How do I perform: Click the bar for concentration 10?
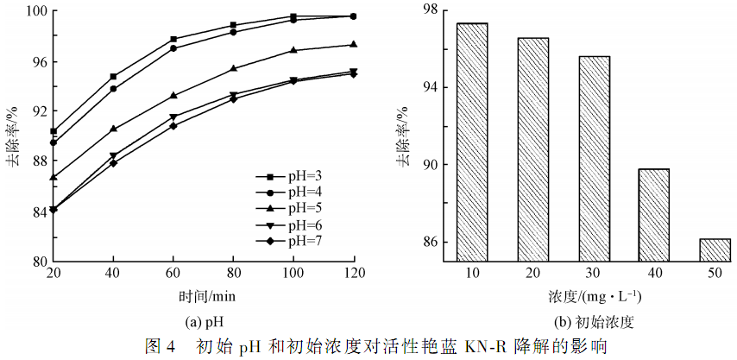point(472,142)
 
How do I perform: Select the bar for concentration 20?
point(533,148)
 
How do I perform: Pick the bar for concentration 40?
point(654,214)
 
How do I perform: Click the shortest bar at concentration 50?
point(715,249)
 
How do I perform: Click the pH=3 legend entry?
point(293,175)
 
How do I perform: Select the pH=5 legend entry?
point(293,208)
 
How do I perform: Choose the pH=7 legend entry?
point(293,240)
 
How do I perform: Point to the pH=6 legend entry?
point(293,224)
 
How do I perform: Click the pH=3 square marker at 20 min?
point(54,132)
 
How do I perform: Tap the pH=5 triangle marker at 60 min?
point(173,95)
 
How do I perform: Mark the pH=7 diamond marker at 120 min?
point(353,73)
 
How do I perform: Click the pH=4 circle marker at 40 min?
point(113,89)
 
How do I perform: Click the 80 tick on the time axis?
point(233,274)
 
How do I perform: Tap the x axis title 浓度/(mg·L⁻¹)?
point(594,296)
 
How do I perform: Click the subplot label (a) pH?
point(205,323)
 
